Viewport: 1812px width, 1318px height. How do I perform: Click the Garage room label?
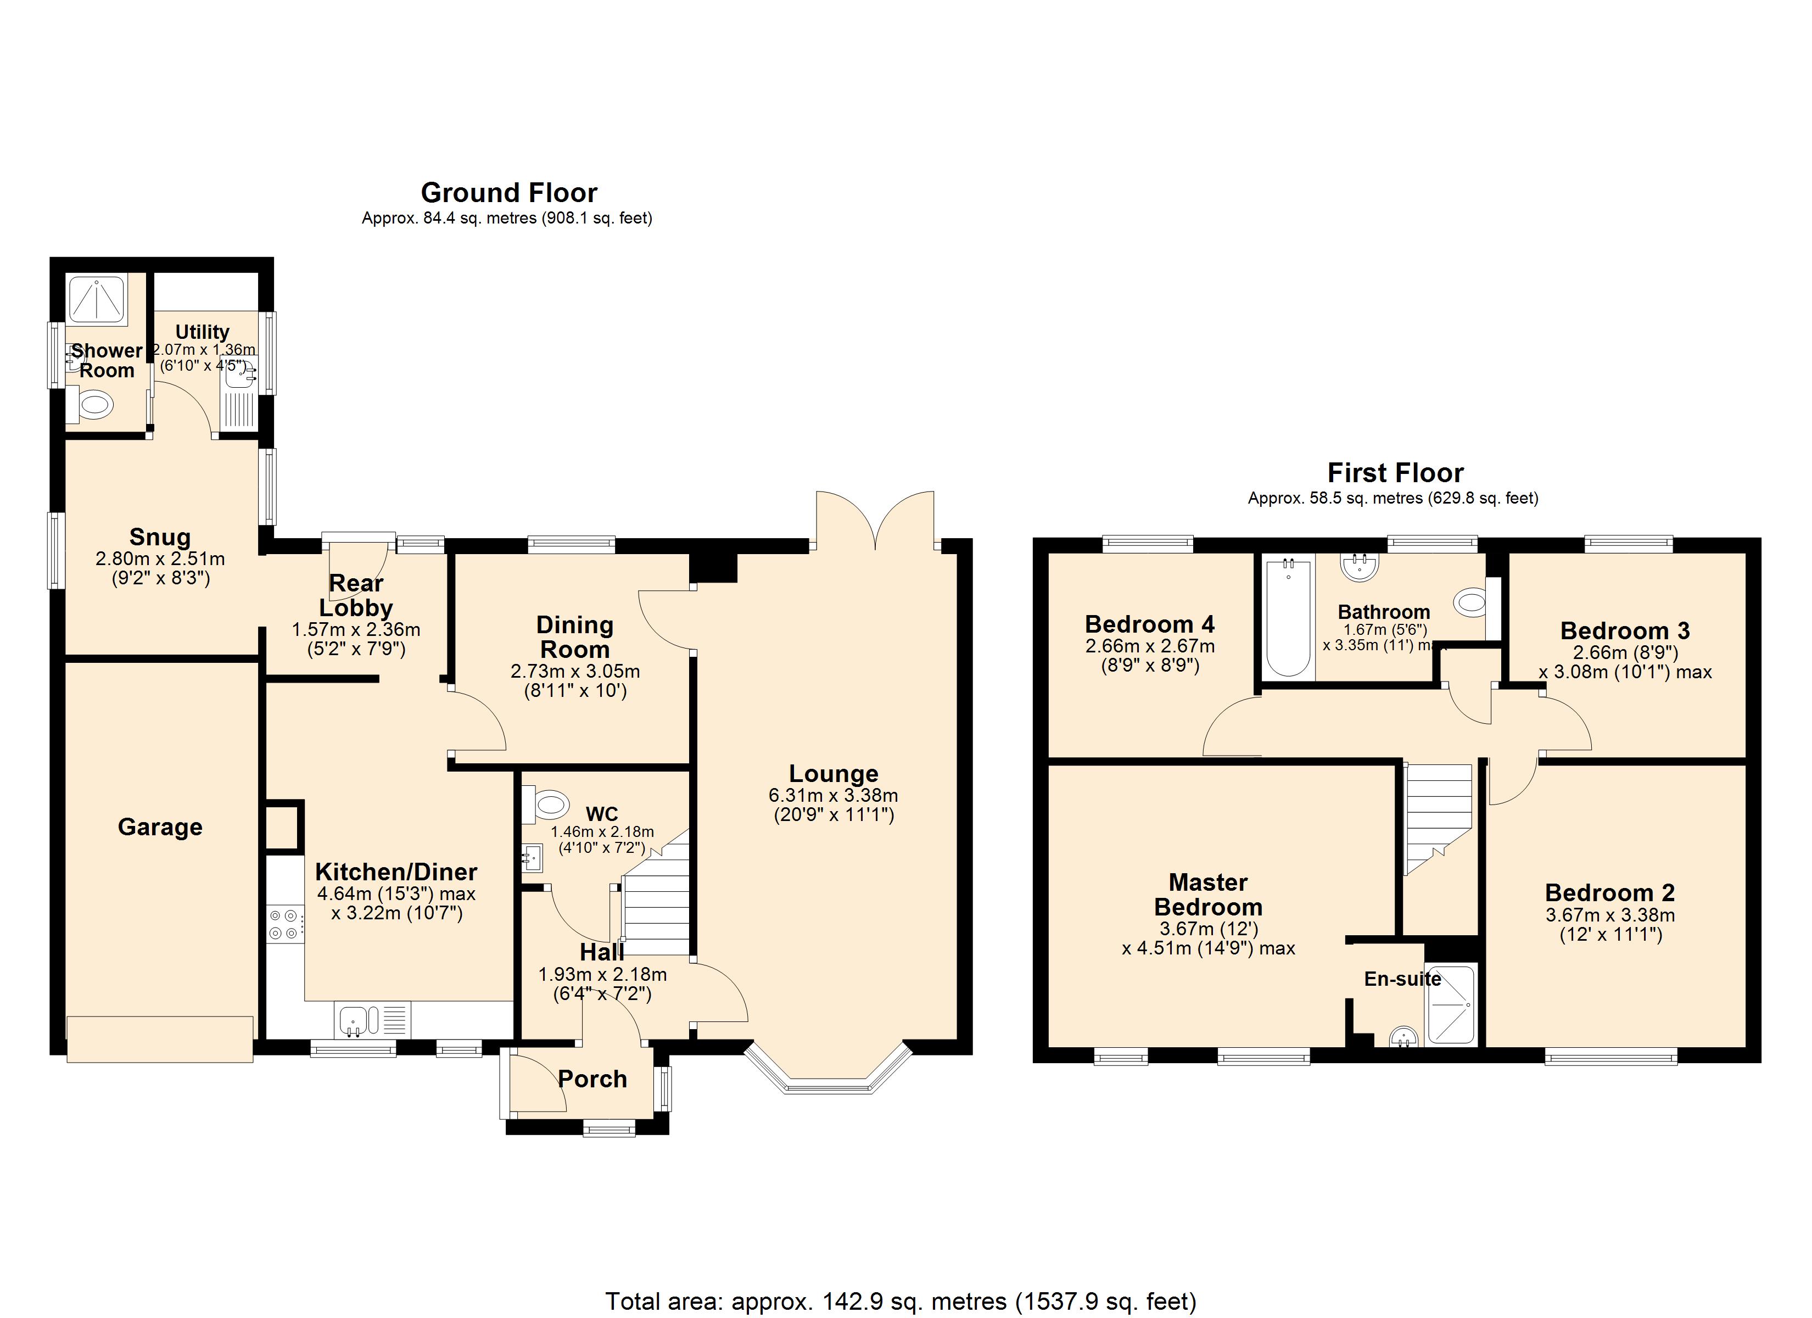pyautogui.click(x=160, y=827)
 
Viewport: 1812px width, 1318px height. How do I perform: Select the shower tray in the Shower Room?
pyautogui.click(x=97, y=300)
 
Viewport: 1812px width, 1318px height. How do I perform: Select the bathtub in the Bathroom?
pyautogui.click(x=1288, y=618)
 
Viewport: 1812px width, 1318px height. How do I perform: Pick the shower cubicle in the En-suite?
pyautogui.click(x=1450, y=1004)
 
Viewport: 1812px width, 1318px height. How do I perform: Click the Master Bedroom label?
pyautogui.click(x=1208, y=895)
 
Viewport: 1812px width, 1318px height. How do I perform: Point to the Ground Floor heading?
pyautogui.click(x=509, y=193)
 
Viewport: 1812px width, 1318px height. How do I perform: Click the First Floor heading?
pyautogui.click(x=1395, y=473)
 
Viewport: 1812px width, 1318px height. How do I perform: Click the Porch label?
pyautogui.click(x=592, y=1079)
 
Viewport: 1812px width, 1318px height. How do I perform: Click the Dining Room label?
pyautogui.click(x=574, y=637)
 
